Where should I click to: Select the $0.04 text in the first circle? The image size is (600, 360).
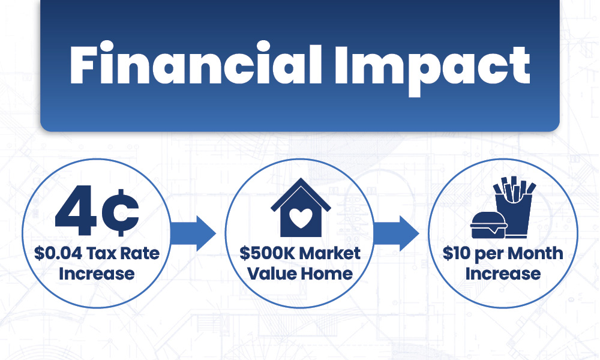tap(59, 253)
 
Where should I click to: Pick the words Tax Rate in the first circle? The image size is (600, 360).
tap(122, 253)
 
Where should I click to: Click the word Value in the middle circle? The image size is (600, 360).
tap(268, 274)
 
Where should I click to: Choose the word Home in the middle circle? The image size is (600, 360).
tap(326, 274)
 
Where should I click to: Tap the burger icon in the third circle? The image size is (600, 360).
tap(489, 224)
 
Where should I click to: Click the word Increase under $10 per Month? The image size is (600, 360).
tap(503, 274)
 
